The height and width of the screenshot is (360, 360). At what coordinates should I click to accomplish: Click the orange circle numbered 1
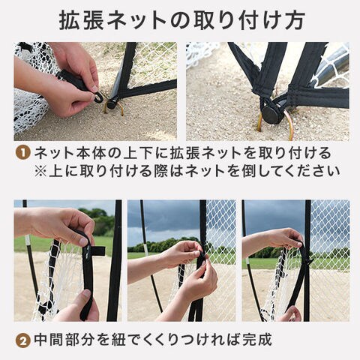23,153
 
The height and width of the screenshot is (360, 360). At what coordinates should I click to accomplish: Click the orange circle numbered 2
23,341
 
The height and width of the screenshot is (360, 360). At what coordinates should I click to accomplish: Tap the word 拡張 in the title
82,20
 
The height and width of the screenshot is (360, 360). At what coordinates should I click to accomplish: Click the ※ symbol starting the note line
40,172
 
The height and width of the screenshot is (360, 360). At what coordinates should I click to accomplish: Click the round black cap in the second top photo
271,114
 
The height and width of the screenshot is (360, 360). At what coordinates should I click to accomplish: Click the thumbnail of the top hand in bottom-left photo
83,241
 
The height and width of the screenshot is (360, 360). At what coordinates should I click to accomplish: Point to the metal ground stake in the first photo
113,108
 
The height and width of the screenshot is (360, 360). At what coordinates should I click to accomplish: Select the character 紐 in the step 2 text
118,340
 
